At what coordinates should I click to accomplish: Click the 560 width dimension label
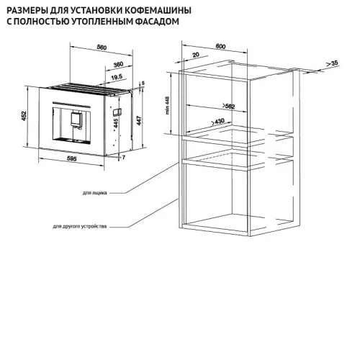click(102, 48)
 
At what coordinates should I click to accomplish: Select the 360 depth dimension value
click(118, 65)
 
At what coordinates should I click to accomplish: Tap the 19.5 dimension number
click(117, 77)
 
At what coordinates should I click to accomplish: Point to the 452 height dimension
click(24, 116)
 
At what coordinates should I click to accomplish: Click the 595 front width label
click(71, 158)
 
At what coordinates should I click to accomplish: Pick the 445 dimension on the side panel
click(116, 123)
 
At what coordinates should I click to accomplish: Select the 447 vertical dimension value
click(139, 120)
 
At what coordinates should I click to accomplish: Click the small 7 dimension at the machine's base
click(124, 158)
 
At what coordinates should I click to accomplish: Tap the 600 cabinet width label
click(220, 46)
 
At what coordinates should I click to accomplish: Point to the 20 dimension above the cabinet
click(196, 55)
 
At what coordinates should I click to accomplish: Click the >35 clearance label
click(332, 63)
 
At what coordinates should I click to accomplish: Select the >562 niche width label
click(228, 106)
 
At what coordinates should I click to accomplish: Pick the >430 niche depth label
click(217, 122)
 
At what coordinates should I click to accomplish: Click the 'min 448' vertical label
click(168, 105)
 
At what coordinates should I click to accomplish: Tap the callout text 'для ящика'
click(95, 193)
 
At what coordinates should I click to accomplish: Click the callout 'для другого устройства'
click(80, 226)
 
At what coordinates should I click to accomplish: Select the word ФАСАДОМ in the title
click(157, 22)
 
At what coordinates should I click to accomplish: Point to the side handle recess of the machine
click(117, 112)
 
